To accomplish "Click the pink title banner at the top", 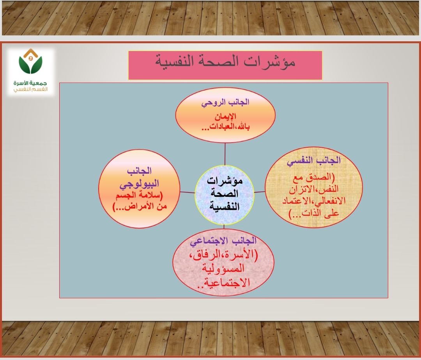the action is point(225,65).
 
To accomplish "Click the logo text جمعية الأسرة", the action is point(30,83).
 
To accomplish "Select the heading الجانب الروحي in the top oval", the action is point(225,103).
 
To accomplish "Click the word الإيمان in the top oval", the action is point(225,116).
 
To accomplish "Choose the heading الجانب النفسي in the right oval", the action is point(313,161).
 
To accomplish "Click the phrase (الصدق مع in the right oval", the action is point(314,177).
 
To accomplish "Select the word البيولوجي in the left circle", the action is point(139,184).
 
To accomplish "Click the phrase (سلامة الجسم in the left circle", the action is point(139,195).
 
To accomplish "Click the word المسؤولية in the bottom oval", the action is point(223,268).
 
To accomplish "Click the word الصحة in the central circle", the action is point(225,193).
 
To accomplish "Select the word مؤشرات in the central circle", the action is point(225,181).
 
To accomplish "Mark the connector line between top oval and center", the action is point(225,154).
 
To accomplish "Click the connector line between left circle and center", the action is point(188,192).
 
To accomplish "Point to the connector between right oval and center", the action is point(259,192).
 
